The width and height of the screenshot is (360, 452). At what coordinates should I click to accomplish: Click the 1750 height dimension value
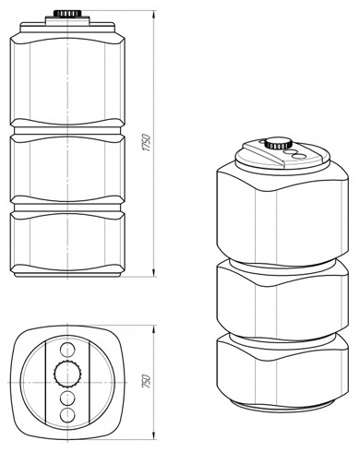(148, 143)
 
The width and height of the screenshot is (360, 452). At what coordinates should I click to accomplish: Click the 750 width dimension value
(148, 381)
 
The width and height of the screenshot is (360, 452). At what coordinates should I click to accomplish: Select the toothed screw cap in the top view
(67, 374)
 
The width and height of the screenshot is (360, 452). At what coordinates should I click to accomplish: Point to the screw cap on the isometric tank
(278, 144)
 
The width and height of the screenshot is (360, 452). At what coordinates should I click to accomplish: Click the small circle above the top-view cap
(66, 350)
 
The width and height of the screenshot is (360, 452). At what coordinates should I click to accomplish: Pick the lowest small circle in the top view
(67, 415)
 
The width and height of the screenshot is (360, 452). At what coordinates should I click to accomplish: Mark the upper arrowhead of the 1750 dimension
(153, 16)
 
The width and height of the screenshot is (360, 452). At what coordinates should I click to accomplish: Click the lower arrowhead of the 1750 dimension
(153, 272)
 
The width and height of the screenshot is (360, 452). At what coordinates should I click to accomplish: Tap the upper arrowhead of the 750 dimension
(153, 329)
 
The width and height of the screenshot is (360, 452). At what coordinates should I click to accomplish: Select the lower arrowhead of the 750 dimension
(153, 436)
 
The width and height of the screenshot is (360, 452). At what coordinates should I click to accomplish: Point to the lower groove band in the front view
(67, 206)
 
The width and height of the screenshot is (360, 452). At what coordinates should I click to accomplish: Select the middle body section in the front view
(67, 168)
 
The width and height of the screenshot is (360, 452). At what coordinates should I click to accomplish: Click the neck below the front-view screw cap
(67, 19)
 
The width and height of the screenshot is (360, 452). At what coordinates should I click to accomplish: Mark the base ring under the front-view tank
(67, 274)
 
